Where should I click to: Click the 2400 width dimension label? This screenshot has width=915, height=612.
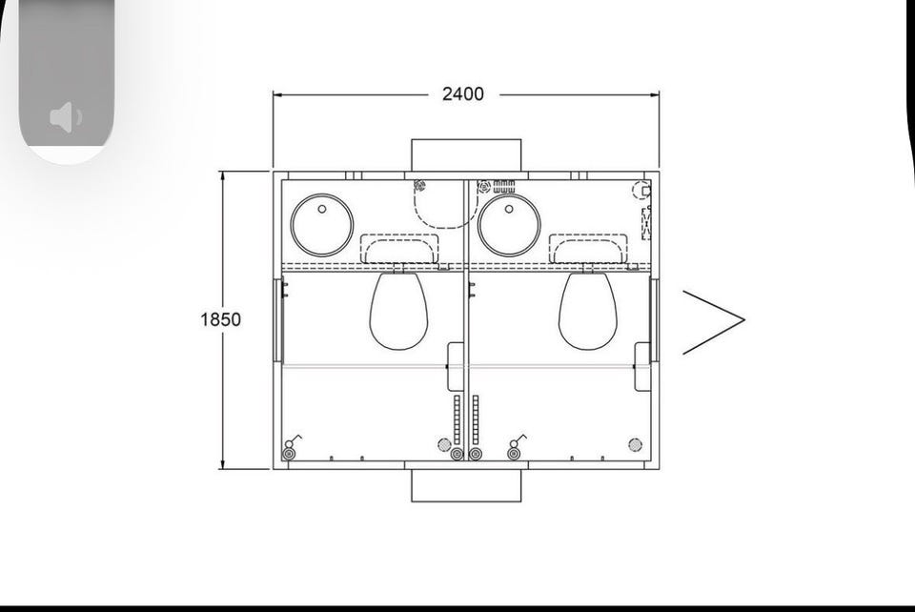coord(463,94)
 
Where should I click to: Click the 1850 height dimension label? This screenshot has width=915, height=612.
coord(220,319)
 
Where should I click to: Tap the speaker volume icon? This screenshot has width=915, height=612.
coord(66,117)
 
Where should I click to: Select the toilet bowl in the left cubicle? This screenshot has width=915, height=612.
coord(399,311)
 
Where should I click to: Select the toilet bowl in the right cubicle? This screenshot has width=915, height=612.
coord(588,311)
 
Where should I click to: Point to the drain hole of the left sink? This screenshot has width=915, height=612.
coord(322,208)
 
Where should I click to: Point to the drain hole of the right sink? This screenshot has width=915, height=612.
coord(509,208)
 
